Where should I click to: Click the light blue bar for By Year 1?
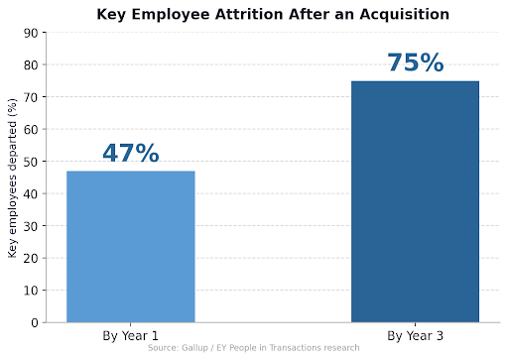click(x=131, y=246)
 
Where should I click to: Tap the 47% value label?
click(x=131, y=154)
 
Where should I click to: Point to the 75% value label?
click(x=415, y=63)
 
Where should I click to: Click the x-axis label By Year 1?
click(x=131, y=335)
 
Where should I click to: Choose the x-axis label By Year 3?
click(x=415, y=335)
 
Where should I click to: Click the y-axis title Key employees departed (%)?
click(x=12, y=179)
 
